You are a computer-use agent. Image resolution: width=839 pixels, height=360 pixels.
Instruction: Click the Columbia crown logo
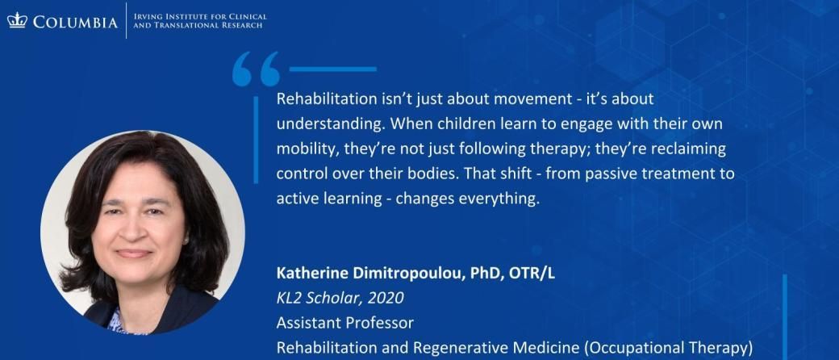click(x=17, y=20)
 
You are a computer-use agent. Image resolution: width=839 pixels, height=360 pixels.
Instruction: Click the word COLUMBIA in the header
click(x=74, y=22)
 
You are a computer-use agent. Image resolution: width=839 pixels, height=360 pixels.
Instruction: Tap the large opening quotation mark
click(x=255, y=69)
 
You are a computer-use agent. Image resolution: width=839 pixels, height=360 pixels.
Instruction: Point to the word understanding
click(x=331, y=124)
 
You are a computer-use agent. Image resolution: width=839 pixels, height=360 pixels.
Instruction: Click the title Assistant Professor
click(x=344, y=323)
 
